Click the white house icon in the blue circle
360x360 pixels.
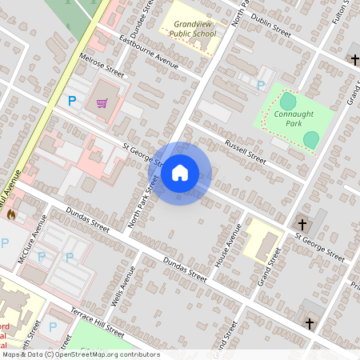click(x=180, y=173)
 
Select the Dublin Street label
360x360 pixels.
click(x=270, y=24)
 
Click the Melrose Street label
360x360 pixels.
click(x=102, y=66)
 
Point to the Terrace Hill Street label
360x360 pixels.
click(x=97, y=321)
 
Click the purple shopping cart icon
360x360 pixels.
click(x=102, y=102)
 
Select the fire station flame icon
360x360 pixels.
click(x=11, y=214)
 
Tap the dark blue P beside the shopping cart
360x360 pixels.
click(x=72, y=101)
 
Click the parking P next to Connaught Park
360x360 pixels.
click(x=260, y=84)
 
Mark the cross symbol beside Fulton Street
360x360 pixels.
click(x=355, y=60)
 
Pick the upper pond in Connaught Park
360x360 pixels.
click(x=287, y=102)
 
